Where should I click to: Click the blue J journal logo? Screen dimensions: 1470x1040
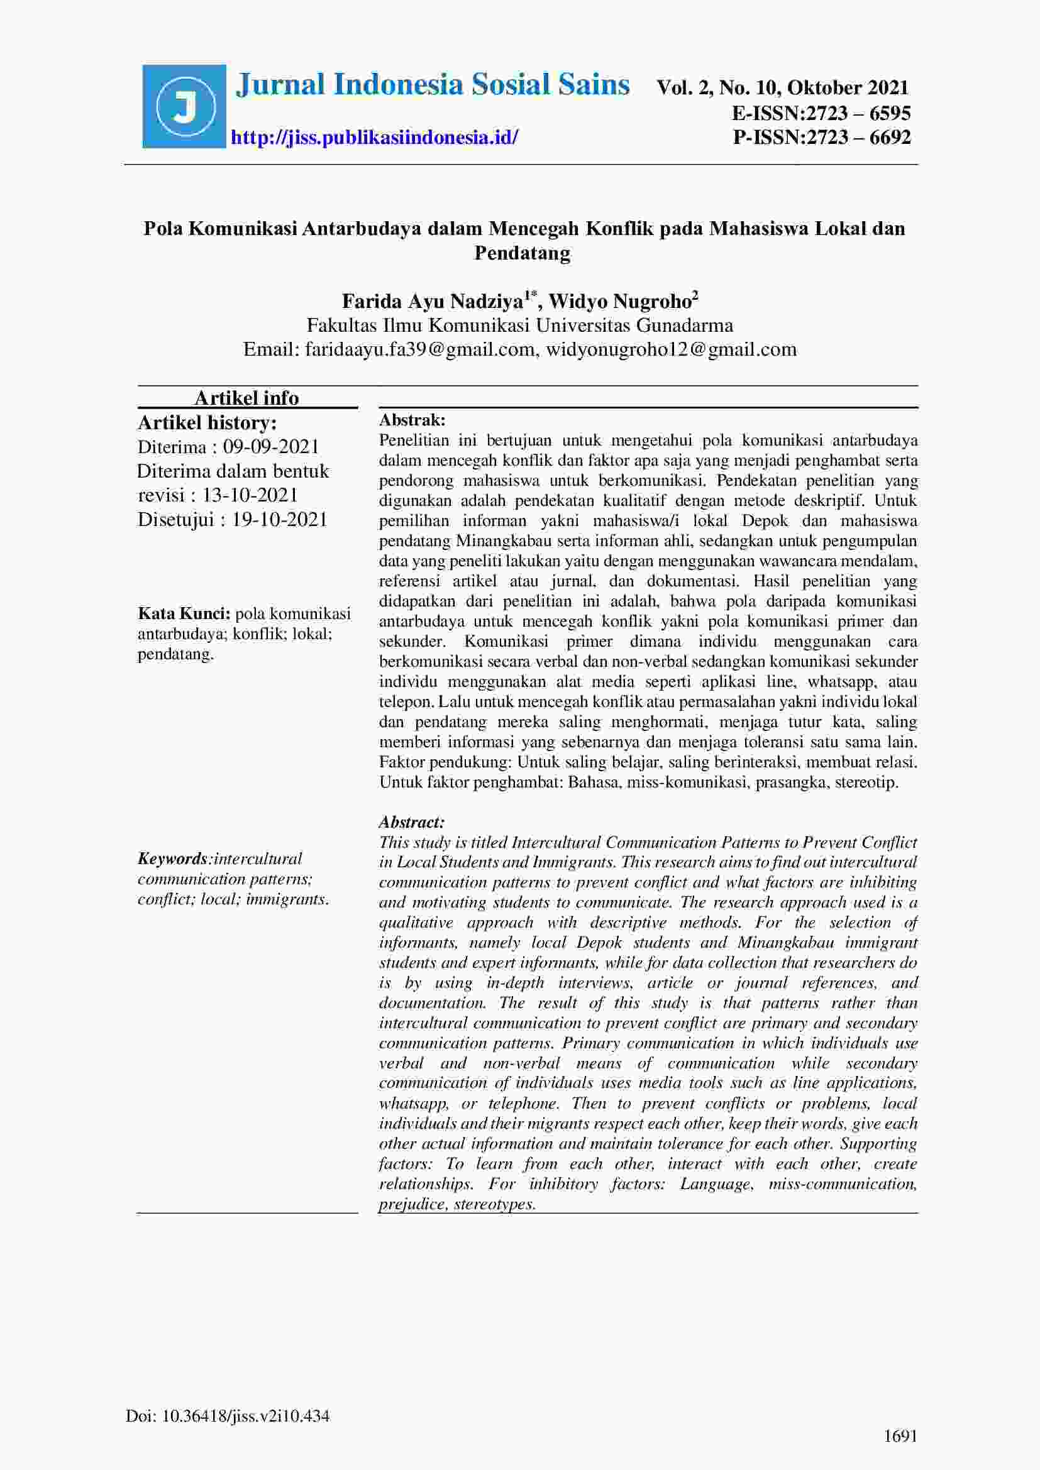click(x=184, y=106)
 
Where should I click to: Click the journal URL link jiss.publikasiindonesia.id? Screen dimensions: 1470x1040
click(x=374, y=137)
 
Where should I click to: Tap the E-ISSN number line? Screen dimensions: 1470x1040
click(x=821, y=113)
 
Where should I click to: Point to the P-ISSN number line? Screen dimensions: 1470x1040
click(x=822, y=137)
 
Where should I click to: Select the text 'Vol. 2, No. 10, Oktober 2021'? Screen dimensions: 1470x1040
click(x=782, y=88)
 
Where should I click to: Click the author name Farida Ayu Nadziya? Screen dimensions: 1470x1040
click(x=434, y=301)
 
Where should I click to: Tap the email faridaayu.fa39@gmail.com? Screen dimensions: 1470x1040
click(x=420, y=349)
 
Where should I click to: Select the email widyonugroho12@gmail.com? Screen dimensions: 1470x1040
click(x=671, y=349)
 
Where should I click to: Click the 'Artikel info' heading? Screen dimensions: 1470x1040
click(x=246, y=398)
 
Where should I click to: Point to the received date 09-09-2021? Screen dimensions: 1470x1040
click(x=271, y=447)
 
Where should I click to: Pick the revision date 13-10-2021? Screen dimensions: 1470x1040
click(x=250, y=495)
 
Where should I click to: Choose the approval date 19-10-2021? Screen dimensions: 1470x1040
click(x=280, y=519)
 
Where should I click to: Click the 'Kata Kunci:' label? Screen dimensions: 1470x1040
click(x=184, y=613)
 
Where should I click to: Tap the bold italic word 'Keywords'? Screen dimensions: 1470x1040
click(x=172, y=858)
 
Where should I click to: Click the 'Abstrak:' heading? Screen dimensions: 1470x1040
click(x=412, y=420)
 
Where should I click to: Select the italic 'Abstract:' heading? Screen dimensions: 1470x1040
click(x=412, y=822)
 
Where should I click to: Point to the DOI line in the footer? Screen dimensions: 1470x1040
click(x=228, y=1415)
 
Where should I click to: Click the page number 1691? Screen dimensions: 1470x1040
click(x=900, y=1436)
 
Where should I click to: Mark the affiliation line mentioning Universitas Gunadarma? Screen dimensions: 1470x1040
click(x=520, y=326)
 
